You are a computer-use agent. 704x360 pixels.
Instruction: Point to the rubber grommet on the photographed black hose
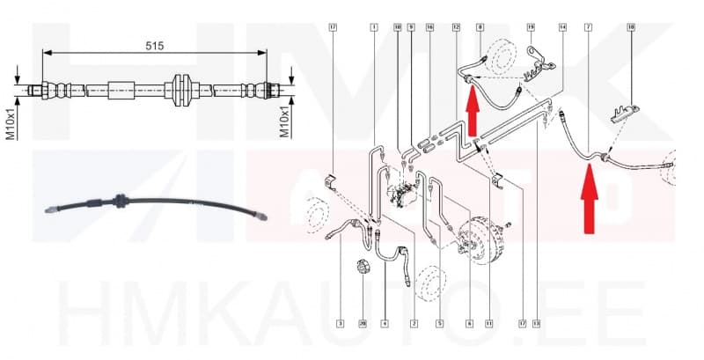point(118,201)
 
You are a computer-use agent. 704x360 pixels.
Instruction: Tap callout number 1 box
point(374,28)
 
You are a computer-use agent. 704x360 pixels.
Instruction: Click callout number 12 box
point(456,28)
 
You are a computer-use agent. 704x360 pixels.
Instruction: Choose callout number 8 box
point(480,28)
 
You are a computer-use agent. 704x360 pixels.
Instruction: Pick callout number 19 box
point(531,28)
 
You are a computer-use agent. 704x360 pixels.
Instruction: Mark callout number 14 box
point(563,28)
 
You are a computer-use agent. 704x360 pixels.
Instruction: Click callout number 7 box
point(588,28)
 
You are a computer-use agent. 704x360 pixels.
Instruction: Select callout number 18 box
point(630,28)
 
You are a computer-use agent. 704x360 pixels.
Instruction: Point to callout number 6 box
point(470,324)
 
